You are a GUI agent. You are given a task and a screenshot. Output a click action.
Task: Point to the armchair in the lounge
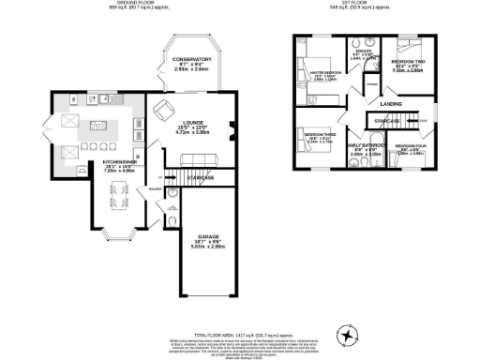pyautogui.click(x=164, y=109)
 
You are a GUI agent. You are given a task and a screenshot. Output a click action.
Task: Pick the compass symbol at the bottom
pyautogui.click(x=349, y=333)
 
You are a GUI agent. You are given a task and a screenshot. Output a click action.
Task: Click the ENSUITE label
pyautogui.click(x=363, y=51)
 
